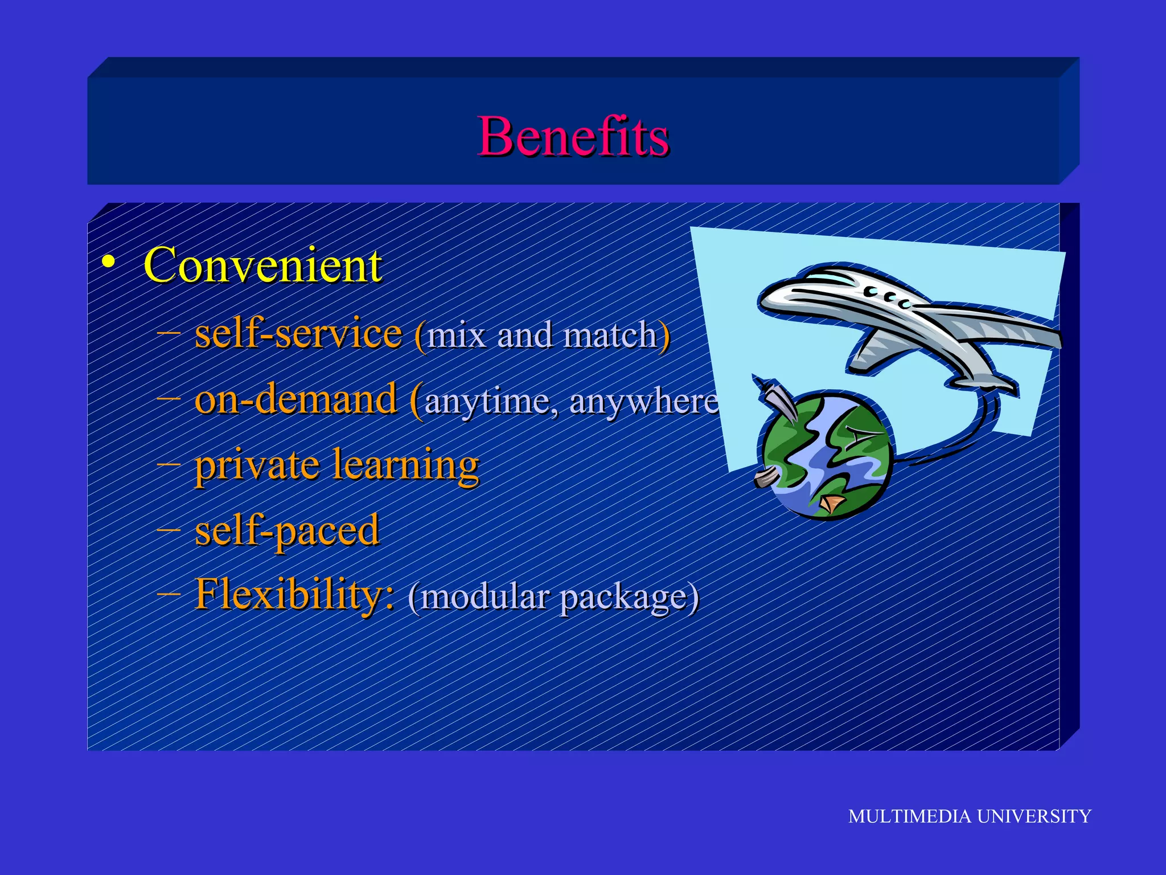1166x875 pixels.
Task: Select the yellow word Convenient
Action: pos(262,265)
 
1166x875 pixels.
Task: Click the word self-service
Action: pos(298,334)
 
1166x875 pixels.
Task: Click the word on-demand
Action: pos(295,399)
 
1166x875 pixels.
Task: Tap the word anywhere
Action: pos(643,402)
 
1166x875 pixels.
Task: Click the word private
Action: pos(256,465)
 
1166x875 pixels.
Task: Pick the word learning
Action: pos(406,465)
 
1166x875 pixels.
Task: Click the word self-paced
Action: pos(287,530)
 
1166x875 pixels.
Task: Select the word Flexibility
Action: pos(294,595)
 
